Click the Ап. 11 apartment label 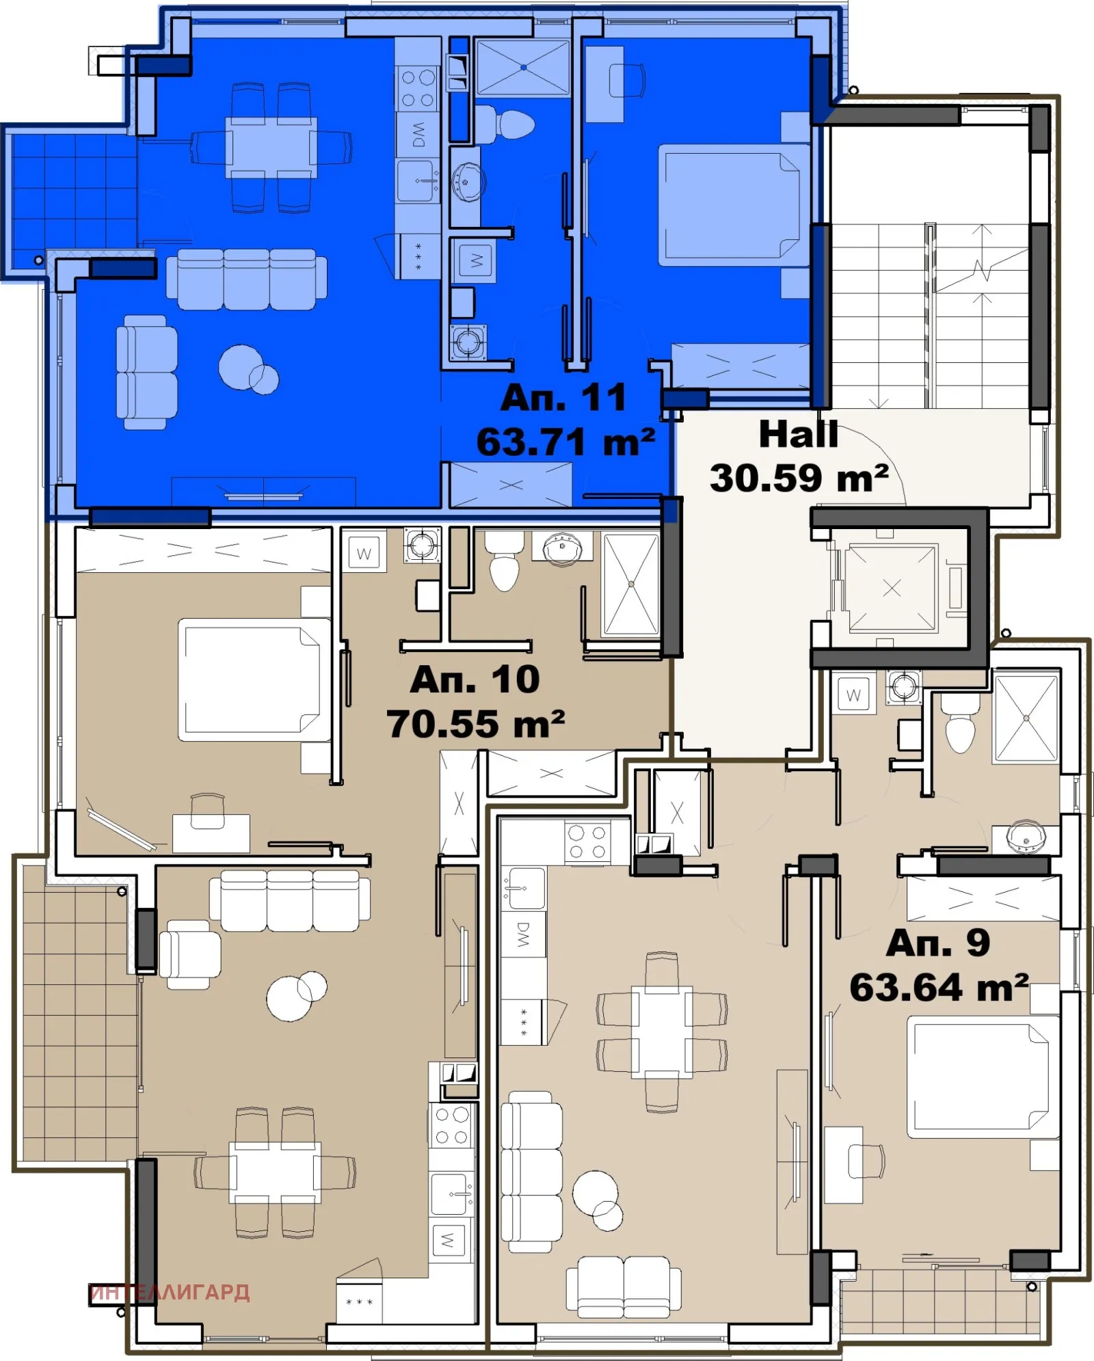tap(563, 398)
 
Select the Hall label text tap(798, 434)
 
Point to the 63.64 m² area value tap(938, 988)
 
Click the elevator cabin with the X tap(892, 588)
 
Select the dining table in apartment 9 tap(661, 1032)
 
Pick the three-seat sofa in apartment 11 tap(246, 279)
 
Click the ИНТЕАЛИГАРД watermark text tap(170, 1293)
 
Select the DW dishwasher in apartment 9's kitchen tap(524, 934)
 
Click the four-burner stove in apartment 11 tap(418, 87)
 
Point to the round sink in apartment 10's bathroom tap(562, 549)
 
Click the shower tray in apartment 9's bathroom tap(1026, 717)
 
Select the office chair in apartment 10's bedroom tap(208, 810)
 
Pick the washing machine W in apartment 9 tap(853, 695)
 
